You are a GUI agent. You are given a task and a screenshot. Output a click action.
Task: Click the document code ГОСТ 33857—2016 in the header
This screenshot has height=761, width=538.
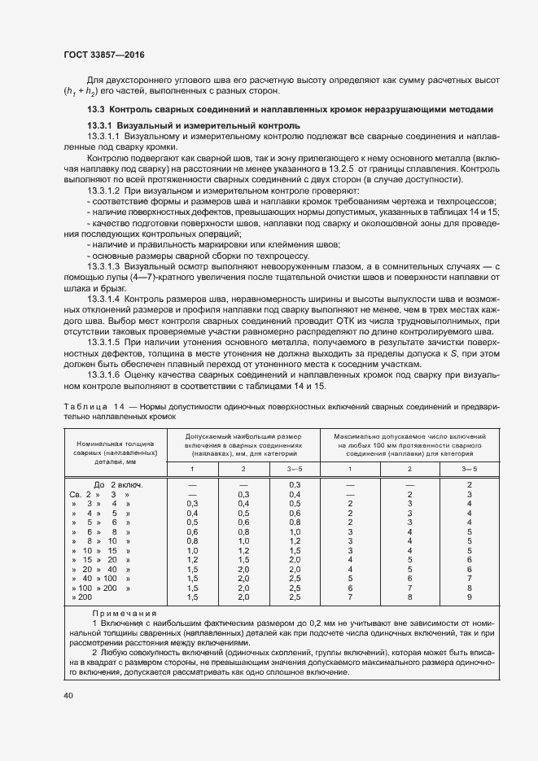point(104,56)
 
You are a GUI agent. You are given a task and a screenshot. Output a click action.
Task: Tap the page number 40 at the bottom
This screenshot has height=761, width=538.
point(68,696)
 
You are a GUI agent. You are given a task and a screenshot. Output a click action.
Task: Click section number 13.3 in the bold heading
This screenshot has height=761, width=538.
point(96,109)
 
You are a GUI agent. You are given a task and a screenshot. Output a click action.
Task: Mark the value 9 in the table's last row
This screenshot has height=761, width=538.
point(470,597)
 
